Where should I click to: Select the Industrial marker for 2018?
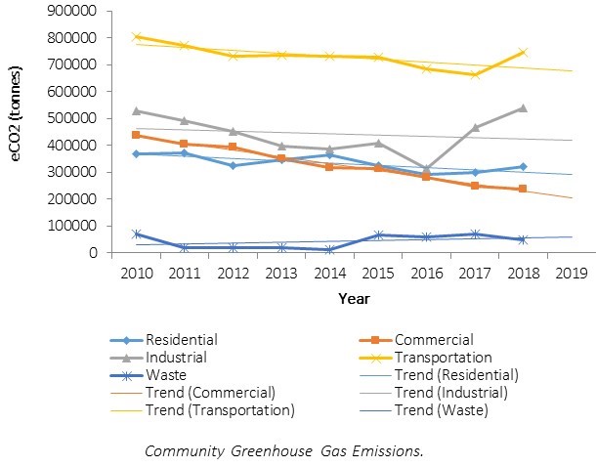(523, 108)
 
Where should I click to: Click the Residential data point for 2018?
(523, 167)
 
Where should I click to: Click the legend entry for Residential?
(181, 340)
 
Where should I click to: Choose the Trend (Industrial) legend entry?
(450, 393)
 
